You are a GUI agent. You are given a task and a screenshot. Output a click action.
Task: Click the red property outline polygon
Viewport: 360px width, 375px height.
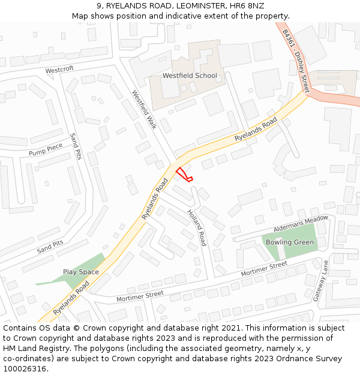pyautogui.click(x=184, y=174)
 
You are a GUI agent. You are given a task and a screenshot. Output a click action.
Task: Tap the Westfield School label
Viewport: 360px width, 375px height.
pyautogui.click(x=190, y=76)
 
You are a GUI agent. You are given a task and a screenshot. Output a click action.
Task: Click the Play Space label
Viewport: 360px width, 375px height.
pyautogui.click(x=81, y=272)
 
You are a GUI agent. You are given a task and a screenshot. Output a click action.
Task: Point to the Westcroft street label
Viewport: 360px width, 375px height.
pyautogui.click(x=59, y=70)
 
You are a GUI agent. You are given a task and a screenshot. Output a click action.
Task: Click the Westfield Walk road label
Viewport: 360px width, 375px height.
pyautogui.click(x=144, y=110)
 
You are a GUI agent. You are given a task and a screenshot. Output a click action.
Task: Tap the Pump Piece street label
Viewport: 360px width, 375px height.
pyautogui.click(x=46, y=149)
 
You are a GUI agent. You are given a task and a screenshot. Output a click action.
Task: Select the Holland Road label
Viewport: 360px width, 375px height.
pyautogui.click(x=196, y=228)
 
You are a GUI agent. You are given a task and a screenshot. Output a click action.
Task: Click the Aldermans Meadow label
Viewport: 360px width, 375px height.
pyautogui.click(x=301, y=223)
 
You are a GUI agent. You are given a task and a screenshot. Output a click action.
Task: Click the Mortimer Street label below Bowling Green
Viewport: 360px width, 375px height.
pyautogui.click(x=264, y=269)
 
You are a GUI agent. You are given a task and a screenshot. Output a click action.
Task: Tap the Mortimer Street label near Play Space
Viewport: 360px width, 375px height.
pyautogui.click(x=140, y=295)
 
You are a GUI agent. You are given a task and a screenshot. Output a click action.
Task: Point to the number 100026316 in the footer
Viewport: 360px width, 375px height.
pyautogui.click(x=25, y=368)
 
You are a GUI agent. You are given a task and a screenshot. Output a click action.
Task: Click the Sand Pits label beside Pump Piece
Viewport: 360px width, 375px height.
pyautogui.click(x=76, y=146)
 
